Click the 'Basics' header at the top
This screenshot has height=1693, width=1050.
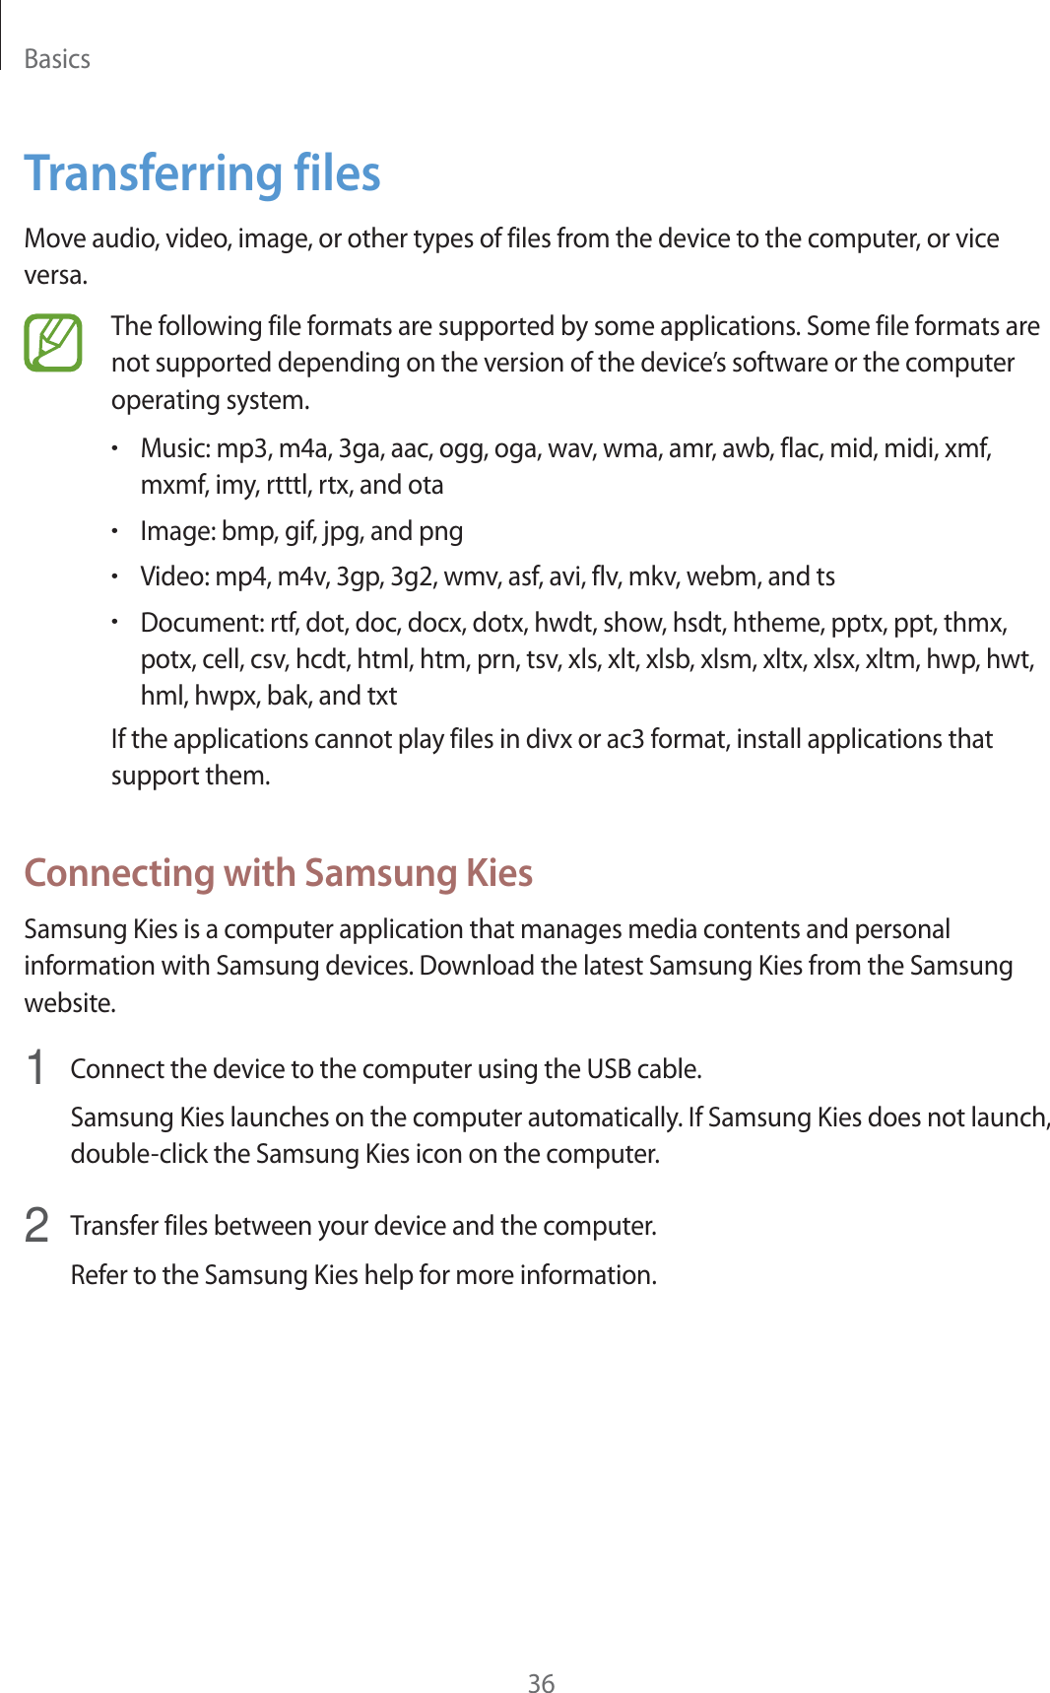pyautogui.click(x=57, y=59)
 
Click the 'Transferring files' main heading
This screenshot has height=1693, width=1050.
pyautogui.click(x=202, y=173)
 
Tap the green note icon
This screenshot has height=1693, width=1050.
pyautogui.click(x=53, y=343)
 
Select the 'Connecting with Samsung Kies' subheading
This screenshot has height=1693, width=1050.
pyautogui.click(x=278, y=873)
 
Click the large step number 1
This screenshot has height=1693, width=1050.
pyautogui.click(x=36, y=1068)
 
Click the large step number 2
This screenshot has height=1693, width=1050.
pyautogui.click(x=36, y=1225)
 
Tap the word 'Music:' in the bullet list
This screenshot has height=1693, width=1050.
pyautogui.click(x=174, y=448)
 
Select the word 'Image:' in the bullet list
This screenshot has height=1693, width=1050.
pyautogui.click(x=177, y=531)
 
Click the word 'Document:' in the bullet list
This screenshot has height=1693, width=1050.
pyautogui.click(x=201, y=623)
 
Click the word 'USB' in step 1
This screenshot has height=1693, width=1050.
pyautogui.click(x=608, y=1069)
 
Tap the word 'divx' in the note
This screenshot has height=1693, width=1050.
pyautogui.click(x=549, y=739)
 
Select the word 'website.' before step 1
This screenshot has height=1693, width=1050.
pyautogui.click(x=70, y=1003)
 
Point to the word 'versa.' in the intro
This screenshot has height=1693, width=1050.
pyautogui.click(x=56, y=275)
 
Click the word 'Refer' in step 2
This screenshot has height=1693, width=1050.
pyautogui.click(x=98, y=1275)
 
